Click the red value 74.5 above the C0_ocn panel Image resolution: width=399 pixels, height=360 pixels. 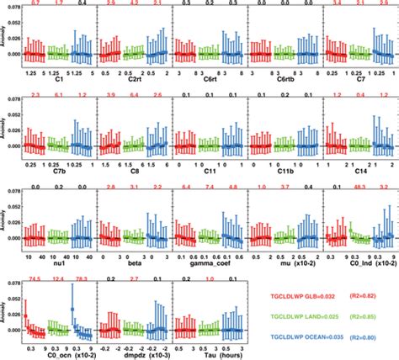click(x=35, y=278)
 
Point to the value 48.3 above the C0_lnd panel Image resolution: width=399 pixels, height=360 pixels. click(x=357, y=187)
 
